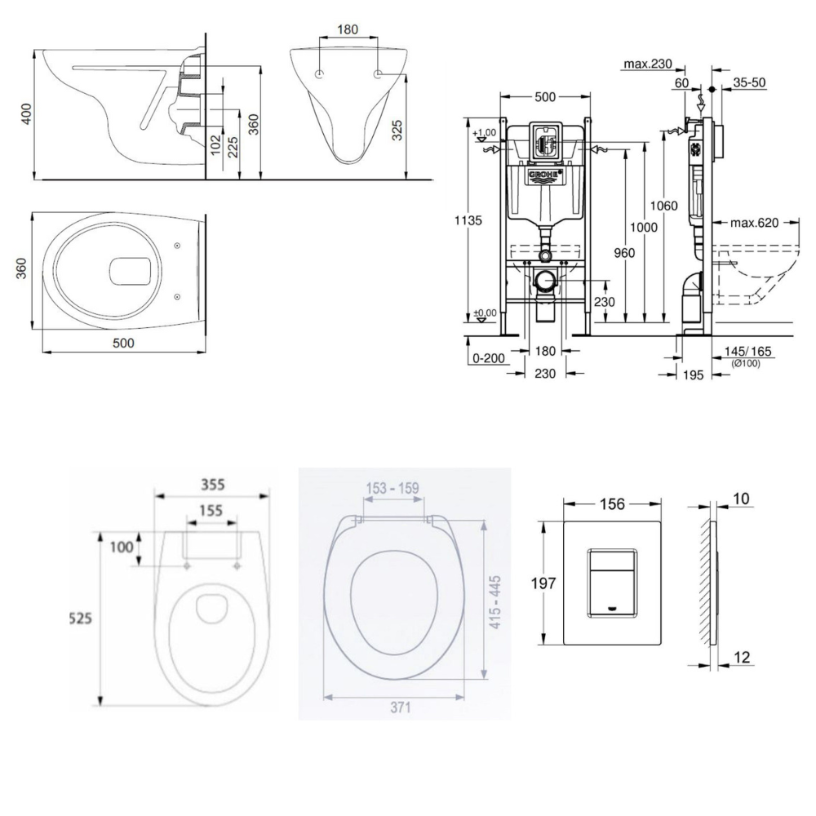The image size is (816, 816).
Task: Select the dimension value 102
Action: (215, 145)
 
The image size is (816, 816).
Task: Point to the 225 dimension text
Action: (234, 146)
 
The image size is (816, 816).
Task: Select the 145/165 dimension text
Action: (747, 351)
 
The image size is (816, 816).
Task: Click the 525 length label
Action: (79, 619)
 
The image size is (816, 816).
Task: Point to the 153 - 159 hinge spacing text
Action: (392, 488)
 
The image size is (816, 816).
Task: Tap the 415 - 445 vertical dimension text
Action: (494, 600)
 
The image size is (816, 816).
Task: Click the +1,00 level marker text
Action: (486, 133)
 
